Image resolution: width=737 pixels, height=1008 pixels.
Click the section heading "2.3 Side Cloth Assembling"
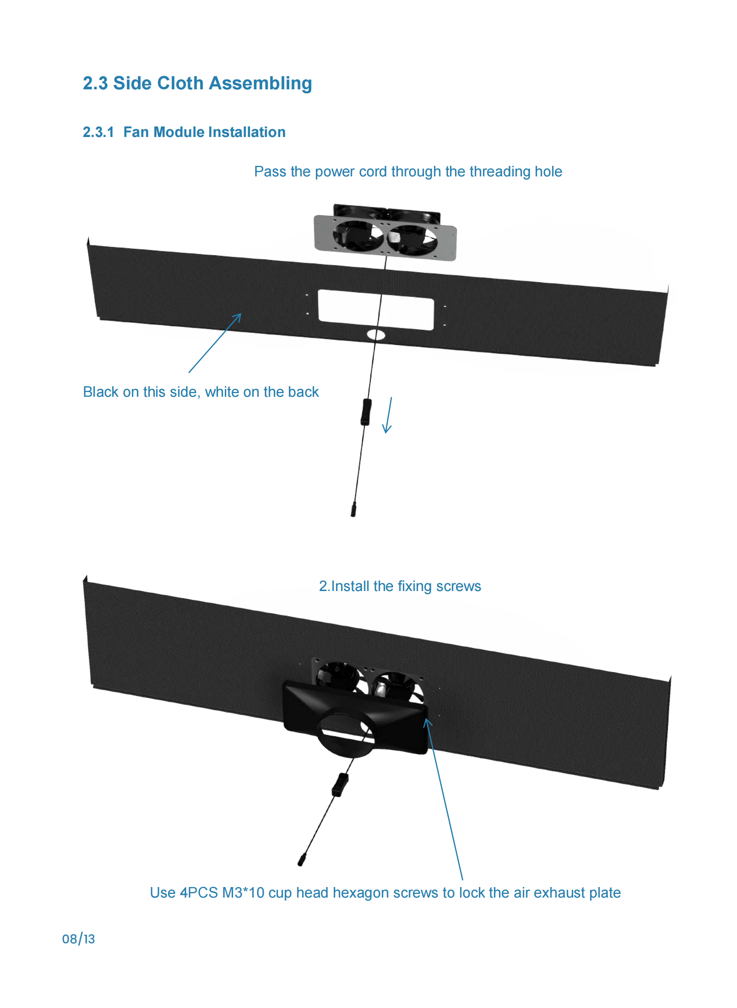click(x=197, y=83)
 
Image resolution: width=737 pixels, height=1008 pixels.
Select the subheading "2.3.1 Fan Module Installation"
click(x=184, y=132)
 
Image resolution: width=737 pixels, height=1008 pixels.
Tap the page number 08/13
click(x=78, y=939)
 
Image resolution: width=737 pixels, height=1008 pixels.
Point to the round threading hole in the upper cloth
click(x=376, y=335)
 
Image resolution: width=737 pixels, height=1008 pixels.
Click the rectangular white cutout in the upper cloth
click(x=376, y=310)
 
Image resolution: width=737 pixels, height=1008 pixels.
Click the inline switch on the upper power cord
click(x=366, y=412)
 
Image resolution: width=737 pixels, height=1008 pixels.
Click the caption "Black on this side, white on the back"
click(x=201, y=392)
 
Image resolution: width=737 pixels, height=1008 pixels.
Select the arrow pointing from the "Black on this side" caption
click(x=215, y=343)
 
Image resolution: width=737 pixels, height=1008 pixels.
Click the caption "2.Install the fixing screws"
click(x=400, y=586)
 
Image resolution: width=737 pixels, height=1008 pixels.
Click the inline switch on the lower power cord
click(x=340, y=784)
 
